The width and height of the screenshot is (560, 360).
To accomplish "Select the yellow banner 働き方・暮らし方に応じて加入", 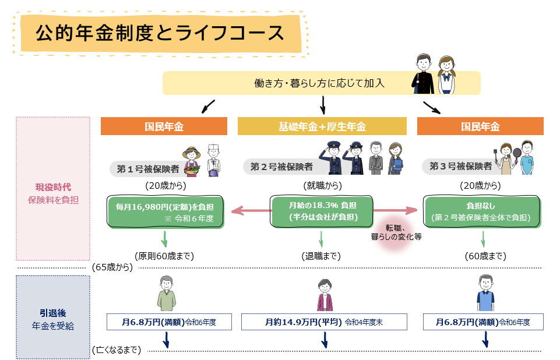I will point(320,83).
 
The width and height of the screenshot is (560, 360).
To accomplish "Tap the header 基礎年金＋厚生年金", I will point(322,126).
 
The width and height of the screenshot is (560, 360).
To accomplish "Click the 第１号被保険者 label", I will point(147,169).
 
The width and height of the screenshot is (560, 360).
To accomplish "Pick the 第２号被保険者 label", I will point(281,167).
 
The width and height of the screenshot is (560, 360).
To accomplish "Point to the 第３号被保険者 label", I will point(460,166).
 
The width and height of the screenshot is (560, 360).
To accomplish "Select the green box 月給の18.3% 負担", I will point(322,211).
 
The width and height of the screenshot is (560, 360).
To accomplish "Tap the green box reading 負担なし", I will point(482,211).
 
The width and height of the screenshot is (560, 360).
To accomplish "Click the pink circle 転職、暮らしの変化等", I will point(396,232).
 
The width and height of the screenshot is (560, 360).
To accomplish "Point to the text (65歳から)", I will point(112,267).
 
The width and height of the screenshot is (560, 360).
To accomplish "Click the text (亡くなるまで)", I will point(117,350).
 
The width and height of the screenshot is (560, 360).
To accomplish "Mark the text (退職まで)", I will point(320,256).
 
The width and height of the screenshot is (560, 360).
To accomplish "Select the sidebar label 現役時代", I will point(53,188).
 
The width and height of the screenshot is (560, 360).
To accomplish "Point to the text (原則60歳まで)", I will point(164,256).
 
